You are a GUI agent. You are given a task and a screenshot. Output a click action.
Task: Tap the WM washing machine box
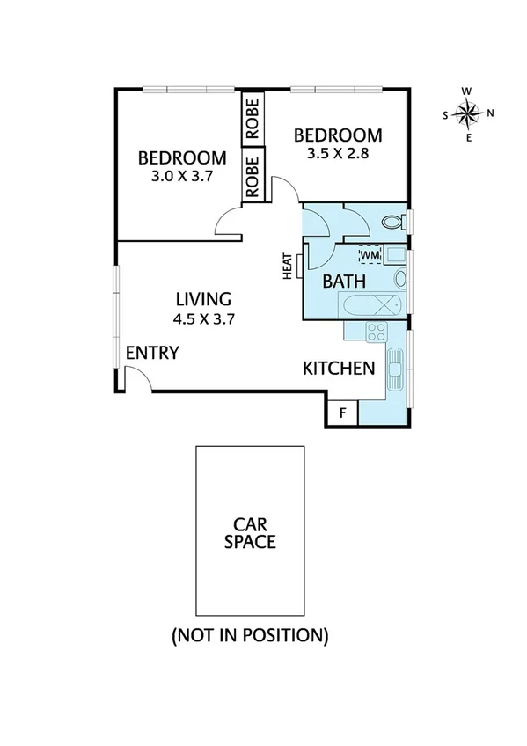coord(370,255)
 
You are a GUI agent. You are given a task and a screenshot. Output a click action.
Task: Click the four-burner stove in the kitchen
coord(377,332)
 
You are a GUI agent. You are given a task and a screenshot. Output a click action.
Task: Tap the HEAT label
coord(287,267)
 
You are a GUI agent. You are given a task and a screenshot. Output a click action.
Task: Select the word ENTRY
coord(152,353)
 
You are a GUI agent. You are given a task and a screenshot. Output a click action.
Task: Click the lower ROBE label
coord(252,175)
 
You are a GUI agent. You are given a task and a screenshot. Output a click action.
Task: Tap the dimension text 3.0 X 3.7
coord(182,176)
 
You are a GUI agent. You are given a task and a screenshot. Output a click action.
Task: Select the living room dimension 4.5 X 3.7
coord(203,318)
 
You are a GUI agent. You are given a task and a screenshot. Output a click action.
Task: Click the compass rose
coord(468,113)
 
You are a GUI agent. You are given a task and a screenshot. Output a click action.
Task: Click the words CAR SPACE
coord(250,531)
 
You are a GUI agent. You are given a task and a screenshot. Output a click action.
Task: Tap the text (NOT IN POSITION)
coord(250,634)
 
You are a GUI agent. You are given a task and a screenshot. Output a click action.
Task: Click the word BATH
coord(344,282)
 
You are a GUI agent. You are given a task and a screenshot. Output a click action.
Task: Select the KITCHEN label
coord(339,368)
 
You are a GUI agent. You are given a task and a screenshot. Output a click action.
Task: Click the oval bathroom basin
coord(400,279)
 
